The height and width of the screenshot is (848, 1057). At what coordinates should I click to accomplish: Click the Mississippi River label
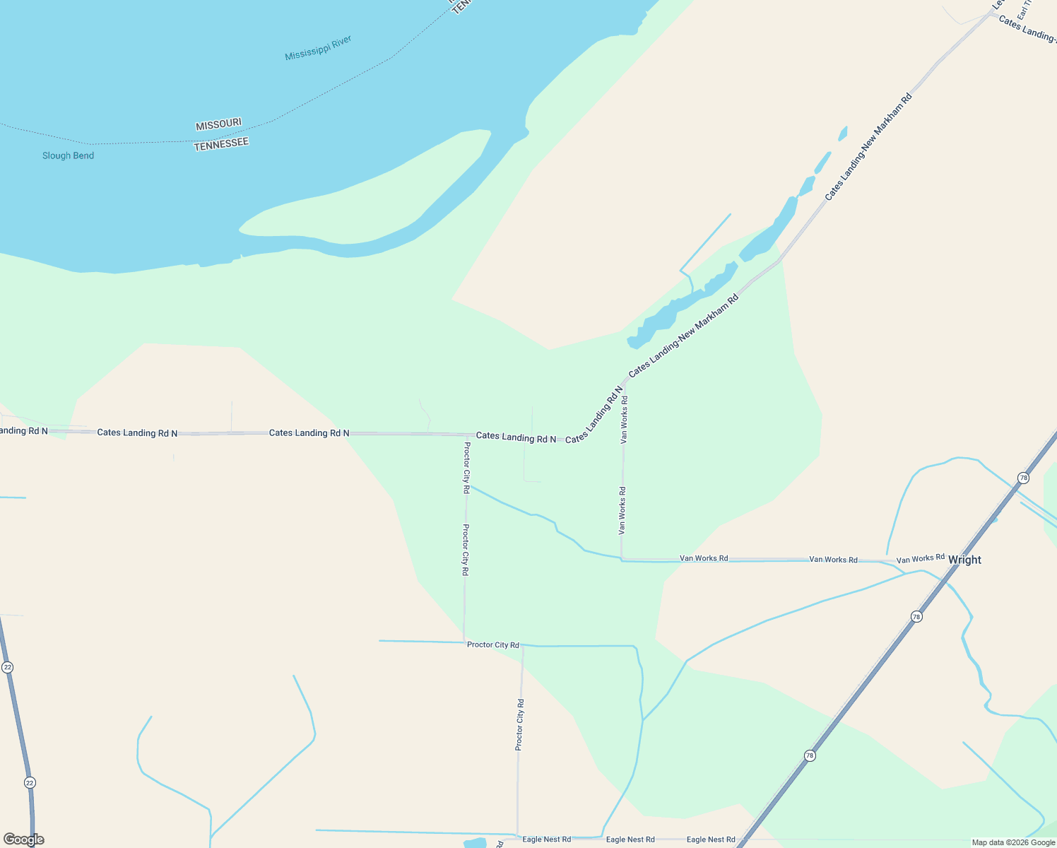point(318,48)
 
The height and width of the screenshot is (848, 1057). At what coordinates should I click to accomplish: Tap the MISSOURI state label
point(218,124)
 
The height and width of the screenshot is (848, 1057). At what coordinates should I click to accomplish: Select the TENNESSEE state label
point(221,143)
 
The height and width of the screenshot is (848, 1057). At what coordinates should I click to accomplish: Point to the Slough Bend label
point(68,155)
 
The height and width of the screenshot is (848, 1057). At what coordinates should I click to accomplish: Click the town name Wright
point(964,560)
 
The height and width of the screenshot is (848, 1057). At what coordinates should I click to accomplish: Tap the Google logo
point(23,840)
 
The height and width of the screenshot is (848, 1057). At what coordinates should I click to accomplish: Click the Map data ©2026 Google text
point(1013,842)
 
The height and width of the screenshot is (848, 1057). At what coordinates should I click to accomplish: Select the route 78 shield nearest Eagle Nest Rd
point(810,755)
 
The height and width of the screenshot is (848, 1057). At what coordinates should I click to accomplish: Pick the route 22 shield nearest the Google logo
point(29,782)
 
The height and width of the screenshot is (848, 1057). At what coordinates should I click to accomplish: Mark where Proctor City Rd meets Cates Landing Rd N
point(466,435)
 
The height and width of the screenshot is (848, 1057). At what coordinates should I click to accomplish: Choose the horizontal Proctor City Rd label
point(492,644)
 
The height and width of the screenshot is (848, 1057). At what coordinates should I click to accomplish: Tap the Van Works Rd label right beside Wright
point(920,559)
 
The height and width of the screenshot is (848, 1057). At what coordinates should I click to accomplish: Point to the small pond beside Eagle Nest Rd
point(476,843)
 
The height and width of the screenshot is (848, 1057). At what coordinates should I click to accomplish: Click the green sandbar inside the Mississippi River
point(367,205)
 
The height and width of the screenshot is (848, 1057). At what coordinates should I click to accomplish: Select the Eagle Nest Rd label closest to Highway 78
point(711,840)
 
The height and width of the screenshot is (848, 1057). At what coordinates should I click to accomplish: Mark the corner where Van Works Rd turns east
point(622,559)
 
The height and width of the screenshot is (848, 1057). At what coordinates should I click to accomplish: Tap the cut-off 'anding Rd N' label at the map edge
point(24,430)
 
